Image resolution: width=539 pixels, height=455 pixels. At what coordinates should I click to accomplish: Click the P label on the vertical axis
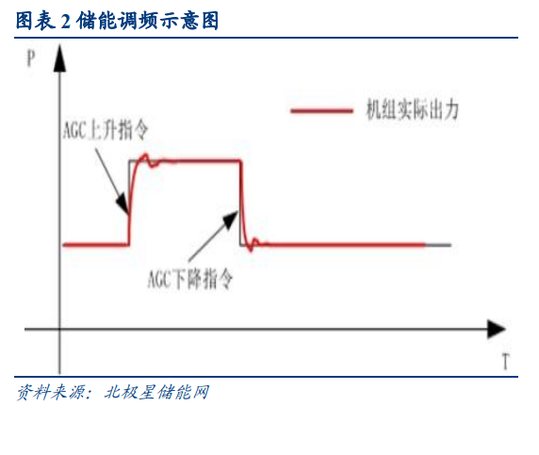31,58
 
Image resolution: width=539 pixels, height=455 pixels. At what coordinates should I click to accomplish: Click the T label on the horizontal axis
505,361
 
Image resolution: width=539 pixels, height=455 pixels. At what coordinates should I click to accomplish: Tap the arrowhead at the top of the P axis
59,58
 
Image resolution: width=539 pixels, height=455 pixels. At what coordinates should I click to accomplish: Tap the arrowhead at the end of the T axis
496,329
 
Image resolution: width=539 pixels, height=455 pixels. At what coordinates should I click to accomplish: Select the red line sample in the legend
321,110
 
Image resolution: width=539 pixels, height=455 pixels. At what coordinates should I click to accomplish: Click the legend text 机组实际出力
412,110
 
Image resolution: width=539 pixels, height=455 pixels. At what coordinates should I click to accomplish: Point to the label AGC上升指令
106,130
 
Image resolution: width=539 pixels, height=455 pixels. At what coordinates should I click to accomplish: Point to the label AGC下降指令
190,278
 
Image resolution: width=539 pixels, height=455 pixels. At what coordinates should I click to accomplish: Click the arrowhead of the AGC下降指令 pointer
231,219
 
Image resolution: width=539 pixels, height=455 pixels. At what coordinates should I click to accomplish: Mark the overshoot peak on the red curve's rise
145,155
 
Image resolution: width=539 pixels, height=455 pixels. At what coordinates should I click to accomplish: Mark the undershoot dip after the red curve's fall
251,250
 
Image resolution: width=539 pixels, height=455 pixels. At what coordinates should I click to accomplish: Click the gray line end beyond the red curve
450,245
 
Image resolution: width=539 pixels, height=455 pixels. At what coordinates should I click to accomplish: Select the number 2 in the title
66,22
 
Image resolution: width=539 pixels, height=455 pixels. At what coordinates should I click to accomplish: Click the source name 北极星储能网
156,392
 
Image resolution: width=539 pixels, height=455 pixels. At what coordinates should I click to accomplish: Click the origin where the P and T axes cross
59,329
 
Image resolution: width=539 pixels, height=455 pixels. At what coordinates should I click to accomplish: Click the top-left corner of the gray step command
129,160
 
